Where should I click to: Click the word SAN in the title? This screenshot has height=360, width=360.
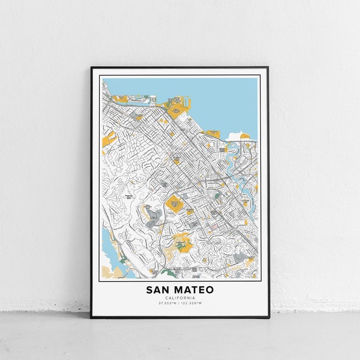[158, 290]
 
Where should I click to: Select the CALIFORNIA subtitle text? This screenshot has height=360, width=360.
[179, 298]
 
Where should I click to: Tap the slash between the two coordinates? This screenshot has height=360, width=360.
[179, 303]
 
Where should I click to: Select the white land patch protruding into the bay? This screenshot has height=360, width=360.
[235, 135]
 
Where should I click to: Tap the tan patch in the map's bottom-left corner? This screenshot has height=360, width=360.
[109, 272]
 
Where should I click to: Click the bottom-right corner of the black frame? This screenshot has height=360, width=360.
[268, 317]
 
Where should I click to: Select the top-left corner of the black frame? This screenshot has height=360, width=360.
[91, 66]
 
